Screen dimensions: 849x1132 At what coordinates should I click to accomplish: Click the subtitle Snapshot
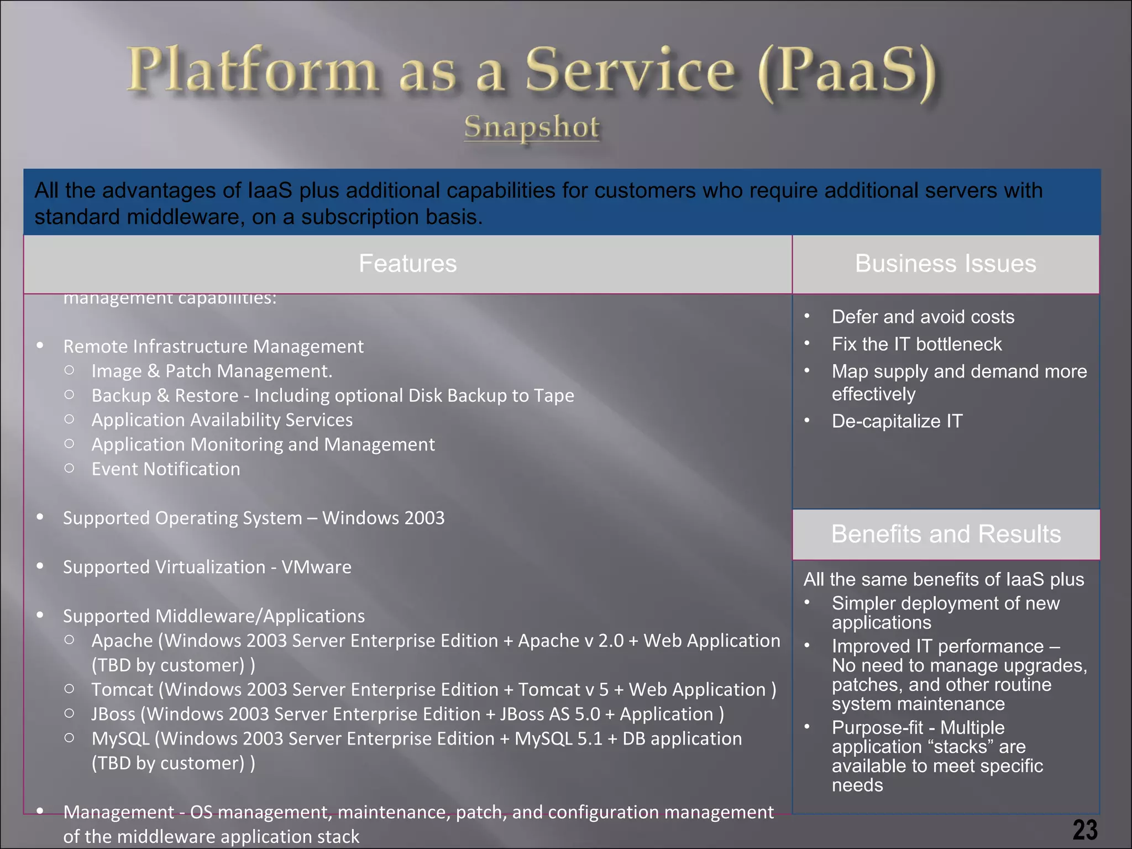(531, 127)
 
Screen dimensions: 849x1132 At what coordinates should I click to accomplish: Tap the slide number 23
(1085, 830)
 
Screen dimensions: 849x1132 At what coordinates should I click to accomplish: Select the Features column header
(407, 264)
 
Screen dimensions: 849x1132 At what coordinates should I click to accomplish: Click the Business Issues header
(945, 264)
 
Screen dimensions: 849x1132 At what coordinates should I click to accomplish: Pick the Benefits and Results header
(946, 534)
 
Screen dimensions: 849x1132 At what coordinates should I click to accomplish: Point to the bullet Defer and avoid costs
(923, 317)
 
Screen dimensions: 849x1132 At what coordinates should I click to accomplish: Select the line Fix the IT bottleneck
(916, 344)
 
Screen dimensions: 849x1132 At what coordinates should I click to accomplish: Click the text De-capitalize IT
(897, 421)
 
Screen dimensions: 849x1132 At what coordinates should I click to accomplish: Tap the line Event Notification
(166, 469)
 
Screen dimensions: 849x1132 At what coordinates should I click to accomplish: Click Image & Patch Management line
(212, 371)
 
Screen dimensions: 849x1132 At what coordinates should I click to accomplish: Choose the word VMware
(316, 567)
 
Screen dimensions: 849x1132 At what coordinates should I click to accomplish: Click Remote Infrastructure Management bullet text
(213, 347)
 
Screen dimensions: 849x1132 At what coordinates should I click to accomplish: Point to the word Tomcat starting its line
(122, 690)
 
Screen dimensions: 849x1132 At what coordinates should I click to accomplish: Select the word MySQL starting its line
(120, 739)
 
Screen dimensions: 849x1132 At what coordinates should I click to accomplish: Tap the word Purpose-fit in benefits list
(877, 727)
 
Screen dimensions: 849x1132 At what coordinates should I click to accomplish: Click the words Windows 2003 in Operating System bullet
(383, 518)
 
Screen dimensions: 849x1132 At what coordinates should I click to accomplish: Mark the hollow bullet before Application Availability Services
(69, 419)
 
